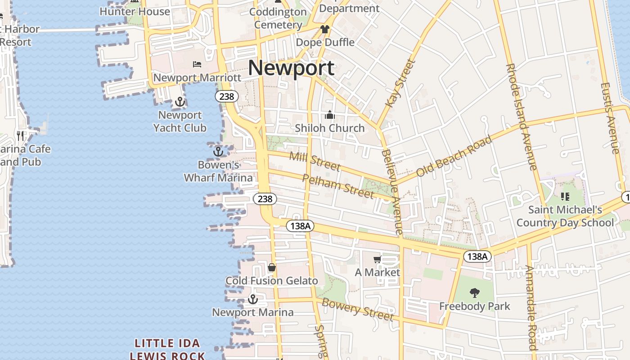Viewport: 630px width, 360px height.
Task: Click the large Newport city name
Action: coord(291,68)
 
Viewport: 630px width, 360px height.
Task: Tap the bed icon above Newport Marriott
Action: coord(197,64)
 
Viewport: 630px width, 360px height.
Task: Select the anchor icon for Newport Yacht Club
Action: coord(180,102)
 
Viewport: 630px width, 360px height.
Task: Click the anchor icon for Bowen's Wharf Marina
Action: coord(218,152)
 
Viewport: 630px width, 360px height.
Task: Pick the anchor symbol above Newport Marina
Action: coord(253,299)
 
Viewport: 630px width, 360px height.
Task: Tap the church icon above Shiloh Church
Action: coord(330,115)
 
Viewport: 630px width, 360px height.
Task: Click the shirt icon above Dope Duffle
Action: coord(325,29)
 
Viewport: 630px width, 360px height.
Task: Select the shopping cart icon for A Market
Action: coord(377,259)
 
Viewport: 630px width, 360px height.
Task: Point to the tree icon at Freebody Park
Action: coord(474,293)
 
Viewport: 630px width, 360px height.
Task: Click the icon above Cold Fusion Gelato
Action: coord(272,268)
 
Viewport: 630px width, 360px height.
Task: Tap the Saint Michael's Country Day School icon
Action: coord(565,197)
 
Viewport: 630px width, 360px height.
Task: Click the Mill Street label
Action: coord(315,162)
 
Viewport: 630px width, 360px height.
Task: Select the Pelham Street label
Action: coord(338,186)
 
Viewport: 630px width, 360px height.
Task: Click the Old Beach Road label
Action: coord(454,157)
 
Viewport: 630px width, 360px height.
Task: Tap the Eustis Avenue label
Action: coord(610,118)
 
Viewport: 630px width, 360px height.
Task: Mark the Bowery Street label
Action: coord(358,309)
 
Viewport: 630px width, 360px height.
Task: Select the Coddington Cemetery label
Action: coord(278,18)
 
